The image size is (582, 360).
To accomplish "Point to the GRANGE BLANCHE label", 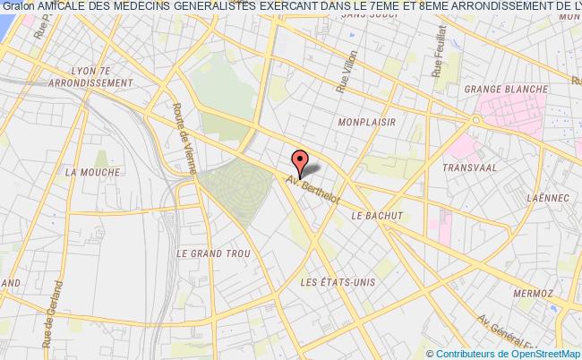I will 498,90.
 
